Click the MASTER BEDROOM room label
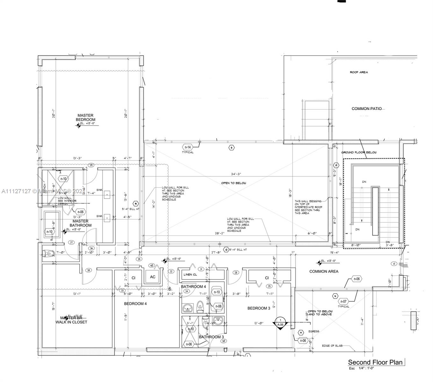point(85,117)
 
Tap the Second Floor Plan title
point(375,362)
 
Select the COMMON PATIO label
point(366,109)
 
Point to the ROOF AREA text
point(359,72)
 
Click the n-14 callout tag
point(188,147)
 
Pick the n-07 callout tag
point(343,301)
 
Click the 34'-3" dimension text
point(236,174)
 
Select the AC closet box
point(153,277)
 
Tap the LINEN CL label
point(190,274)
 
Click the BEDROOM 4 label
point(135,304)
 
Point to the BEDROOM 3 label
point(259,308)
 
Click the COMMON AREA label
point(324,271)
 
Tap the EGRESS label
point(314,331)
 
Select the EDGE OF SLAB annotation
point(332,346)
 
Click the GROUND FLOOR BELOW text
point(359,152)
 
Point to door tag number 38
point(89,270)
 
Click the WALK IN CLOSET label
point(71,322)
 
